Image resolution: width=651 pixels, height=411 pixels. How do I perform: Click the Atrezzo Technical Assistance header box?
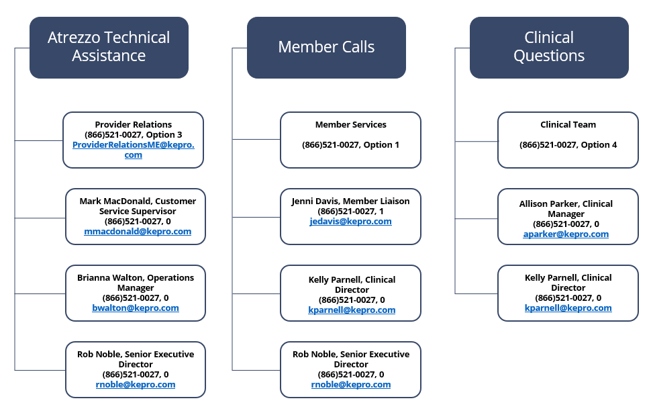click(x=109, y=47)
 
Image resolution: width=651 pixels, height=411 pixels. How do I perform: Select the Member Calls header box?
click(x=326, y=47)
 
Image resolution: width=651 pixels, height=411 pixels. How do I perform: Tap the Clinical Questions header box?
click(x=549, y=47)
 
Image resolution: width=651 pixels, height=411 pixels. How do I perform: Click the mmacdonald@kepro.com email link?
click(x=138, y=232)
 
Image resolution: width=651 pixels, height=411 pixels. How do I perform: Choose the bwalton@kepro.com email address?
click(x=136, y=308)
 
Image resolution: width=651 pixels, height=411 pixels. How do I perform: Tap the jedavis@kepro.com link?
click(x=350, y=222)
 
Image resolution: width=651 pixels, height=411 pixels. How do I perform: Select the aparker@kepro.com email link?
click(x=566, y=234)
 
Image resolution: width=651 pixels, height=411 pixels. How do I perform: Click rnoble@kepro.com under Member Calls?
click(x=350, y=385)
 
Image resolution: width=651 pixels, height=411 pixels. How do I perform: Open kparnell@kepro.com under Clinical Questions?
click(x=568, y=308)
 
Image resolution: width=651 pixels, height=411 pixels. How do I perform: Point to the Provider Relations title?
click(x=133, y=124)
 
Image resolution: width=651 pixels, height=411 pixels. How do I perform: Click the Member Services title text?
click(x=350, y=124)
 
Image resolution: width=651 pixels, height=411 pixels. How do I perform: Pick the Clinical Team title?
click(x=568, y=124)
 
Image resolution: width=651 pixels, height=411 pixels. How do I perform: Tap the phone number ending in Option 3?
click(x=133, y=134)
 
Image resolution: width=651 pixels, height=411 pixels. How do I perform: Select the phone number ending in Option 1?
click(x=350, y=144)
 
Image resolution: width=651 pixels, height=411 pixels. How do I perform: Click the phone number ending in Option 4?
click(x=568, y=144)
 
